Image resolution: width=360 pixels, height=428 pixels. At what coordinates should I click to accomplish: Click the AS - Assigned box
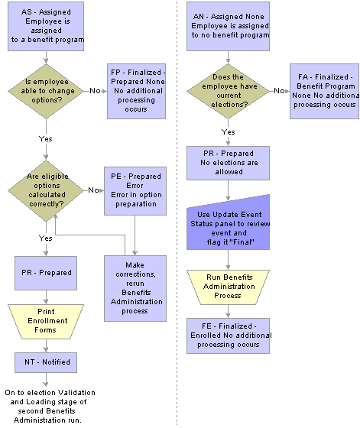(46, 26)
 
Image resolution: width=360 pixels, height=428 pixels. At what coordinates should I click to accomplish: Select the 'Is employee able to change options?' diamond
(46, 91)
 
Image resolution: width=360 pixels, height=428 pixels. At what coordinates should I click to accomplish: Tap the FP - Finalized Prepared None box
(136, 91)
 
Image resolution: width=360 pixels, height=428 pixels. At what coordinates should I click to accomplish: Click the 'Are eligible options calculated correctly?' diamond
(46, 190)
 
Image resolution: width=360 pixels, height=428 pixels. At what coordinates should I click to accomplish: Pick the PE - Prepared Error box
(135, 191)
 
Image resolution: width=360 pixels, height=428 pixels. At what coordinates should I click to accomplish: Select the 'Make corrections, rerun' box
(135, 288)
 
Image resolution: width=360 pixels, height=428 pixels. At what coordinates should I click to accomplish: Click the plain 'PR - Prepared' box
(46, 273)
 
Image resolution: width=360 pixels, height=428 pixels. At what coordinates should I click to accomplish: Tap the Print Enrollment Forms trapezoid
(46, 322)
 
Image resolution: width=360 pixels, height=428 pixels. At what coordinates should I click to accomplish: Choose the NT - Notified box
(46, 362)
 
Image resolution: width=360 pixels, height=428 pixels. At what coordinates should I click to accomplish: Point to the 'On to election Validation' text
(50, 393)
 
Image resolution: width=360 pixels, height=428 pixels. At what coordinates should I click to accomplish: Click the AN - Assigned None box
(229, 26)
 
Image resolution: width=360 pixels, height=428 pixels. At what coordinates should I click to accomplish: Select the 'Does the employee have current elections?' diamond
(229, 91)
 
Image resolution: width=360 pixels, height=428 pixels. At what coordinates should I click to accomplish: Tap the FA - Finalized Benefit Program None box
(324, 91)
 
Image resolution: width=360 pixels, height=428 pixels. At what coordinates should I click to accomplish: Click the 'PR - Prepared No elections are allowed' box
(229, 163)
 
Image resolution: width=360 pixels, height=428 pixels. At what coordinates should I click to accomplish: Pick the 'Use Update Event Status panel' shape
(229, 224)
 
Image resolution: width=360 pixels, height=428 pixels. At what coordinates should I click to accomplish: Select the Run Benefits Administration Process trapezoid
(229, 287)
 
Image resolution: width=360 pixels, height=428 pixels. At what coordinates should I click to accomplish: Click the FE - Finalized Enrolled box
(229, 336)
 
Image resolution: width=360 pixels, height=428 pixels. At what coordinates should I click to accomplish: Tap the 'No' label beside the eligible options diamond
(93, 190)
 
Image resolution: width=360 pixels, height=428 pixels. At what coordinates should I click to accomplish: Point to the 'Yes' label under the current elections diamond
(229, 132)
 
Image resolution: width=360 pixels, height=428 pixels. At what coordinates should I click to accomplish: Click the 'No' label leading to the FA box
(279, 91)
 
